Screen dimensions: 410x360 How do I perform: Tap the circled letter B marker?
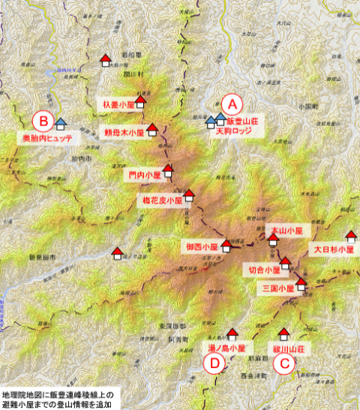[x=43, y=120]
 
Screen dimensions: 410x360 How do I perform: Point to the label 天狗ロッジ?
[x=234, y=131]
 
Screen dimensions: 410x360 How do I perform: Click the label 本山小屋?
[x=286, y=231]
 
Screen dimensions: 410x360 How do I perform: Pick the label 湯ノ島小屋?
[x=226, y=349]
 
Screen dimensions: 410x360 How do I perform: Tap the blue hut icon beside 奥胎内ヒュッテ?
[x=60, y=120]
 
